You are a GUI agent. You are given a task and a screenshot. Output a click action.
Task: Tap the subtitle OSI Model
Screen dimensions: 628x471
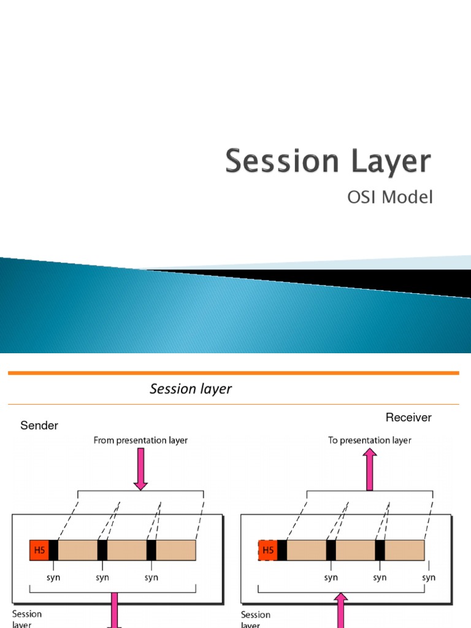pyautogui.click(x=390, y=197)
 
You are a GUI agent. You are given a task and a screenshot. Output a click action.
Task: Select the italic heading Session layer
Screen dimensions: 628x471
pyautogui.click(x=191, y=389)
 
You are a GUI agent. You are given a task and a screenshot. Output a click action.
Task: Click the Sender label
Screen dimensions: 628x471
pyautogui.click(x=39, y=426)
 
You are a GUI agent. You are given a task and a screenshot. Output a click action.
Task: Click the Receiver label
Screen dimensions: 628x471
pyautogui.click(x=408, y=418)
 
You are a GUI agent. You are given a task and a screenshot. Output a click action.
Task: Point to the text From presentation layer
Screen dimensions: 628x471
pyautogui.click(x=140, y=440)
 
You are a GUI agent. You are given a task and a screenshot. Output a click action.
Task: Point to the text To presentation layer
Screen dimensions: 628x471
pyautogui.click(x=370, y=440)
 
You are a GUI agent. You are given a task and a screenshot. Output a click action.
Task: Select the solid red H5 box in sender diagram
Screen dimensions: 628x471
pyautogui.click(x=39, y=550)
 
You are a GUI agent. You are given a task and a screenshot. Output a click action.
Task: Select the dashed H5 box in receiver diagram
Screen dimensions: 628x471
pyautogui.click(x=267, y=550)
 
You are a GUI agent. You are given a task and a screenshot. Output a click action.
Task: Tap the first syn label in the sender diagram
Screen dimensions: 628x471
pyautogui.click(x=53, y=577)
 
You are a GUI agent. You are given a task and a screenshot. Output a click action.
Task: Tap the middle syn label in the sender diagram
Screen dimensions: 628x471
pyautogui.click(x=102, y=577)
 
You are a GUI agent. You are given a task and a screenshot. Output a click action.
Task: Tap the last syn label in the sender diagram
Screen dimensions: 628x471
pyautogui.click(x=151, y=577)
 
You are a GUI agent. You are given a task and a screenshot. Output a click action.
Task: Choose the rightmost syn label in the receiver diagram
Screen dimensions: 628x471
pyautogui.click(x=429, y=577)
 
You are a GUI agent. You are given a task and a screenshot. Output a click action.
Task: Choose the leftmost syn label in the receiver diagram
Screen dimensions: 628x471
pyautogui.click(x=331, y=577)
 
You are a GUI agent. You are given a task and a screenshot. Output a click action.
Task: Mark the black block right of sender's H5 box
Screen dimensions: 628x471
pyautogui.click(x=53, y=550)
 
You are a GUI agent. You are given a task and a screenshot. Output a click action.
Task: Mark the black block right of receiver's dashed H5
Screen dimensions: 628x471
pyautogui.click(x=282, y=550)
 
